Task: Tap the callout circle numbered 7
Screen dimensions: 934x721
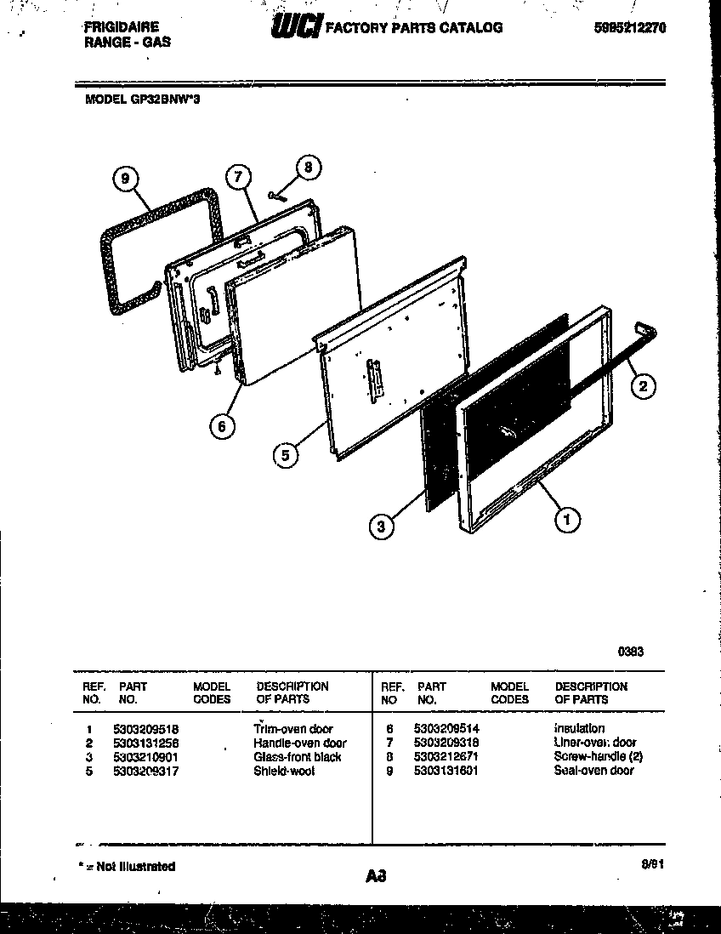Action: tap(239, 177)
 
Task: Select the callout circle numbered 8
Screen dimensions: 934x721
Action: tap(309, 168)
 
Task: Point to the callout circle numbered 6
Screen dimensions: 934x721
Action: tap(222, 427)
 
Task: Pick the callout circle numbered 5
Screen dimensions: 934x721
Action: tap(286, 456)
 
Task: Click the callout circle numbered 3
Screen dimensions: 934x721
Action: tap(383, 528)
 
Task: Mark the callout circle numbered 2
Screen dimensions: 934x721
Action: tap(643, 386)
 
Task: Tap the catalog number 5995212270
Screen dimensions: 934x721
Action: tap(630, 27)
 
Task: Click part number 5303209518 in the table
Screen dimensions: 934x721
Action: tap(145, 729)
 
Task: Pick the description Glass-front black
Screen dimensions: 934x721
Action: tap(297, 757)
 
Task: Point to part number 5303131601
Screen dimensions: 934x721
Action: tap(446, 771)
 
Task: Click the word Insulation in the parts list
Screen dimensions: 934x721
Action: tap(579, 729)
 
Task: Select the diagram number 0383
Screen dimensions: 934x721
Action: tap(630, 652)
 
